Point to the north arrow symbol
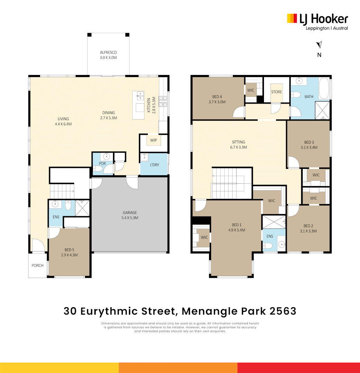320,45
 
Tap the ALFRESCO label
108,52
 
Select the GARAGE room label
130,213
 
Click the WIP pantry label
153,140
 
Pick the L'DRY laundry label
154,165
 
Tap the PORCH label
37,266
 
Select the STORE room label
276,92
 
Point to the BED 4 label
217,97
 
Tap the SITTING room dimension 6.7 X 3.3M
238,147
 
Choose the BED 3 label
309,142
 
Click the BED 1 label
237,224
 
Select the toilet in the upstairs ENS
268,246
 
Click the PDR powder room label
102,163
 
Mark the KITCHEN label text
149,105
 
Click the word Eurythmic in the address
127,311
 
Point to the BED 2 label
308,226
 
